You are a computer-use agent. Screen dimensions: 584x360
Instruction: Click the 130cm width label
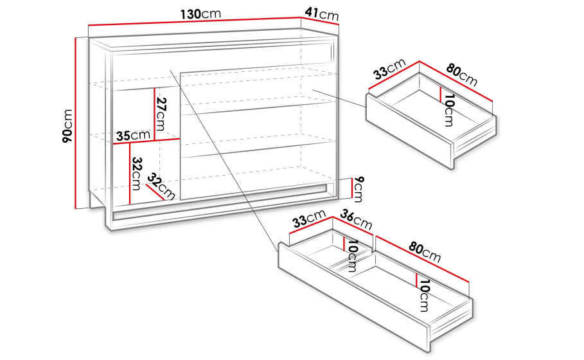[200, 14]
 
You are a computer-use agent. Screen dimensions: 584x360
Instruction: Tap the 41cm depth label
[322, 14]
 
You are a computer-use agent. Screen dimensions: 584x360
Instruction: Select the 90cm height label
[67, 126]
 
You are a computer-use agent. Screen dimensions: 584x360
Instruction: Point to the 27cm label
[161, 114]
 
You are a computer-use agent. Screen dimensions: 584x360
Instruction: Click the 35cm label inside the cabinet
[133, 135]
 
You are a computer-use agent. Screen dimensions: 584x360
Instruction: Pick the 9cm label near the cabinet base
[358, 189]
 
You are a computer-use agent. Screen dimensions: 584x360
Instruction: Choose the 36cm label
[356, 220]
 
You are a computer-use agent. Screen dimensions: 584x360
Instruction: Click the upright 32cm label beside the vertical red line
[136, 174]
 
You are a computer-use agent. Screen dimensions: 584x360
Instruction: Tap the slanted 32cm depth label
[161, 186]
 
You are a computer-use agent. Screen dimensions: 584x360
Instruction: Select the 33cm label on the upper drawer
[389, 69]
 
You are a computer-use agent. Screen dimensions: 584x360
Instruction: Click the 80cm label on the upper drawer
[461, 76]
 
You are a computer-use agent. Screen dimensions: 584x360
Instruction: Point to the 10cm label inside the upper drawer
[449, 111]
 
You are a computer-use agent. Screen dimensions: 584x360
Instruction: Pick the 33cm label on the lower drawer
[309, 219]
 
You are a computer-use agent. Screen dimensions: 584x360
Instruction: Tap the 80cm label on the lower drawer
[425, 252]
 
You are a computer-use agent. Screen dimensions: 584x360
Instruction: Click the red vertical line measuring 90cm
[76, 123]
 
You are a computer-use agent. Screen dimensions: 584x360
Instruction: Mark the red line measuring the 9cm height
[351, 188]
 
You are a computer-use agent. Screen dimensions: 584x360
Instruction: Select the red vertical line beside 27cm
[154, 114]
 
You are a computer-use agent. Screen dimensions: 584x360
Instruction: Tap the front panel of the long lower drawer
[354, 296]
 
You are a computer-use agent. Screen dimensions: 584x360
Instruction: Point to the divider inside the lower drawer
[351, 260]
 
